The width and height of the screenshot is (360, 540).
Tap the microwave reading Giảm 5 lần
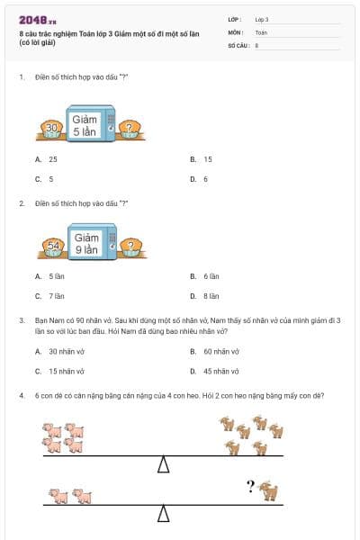coord(86,126)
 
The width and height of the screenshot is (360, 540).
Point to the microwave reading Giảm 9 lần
coord(86,243)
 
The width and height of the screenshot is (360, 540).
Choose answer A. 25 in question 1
coord(47,158)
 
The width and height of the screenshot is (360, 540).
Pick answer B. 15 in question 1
coord(202,158)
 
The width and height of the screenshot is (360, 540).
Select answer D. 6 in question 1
coord(199,178)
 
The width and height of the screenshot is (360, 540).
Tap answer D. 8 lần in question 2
coord(205,295)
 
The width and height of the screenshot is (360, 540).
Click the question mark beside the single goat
coord(251,487)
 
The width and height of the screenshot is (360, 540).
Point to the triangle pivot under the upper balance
coord(164,464)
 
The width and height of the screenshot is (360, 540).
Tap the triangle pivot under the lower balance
coord(164,513)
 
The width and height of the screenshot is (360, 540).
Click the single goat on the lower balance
coord(268,491)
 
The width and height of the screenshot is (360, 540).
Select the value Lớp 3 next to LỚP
coord(262,19)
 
